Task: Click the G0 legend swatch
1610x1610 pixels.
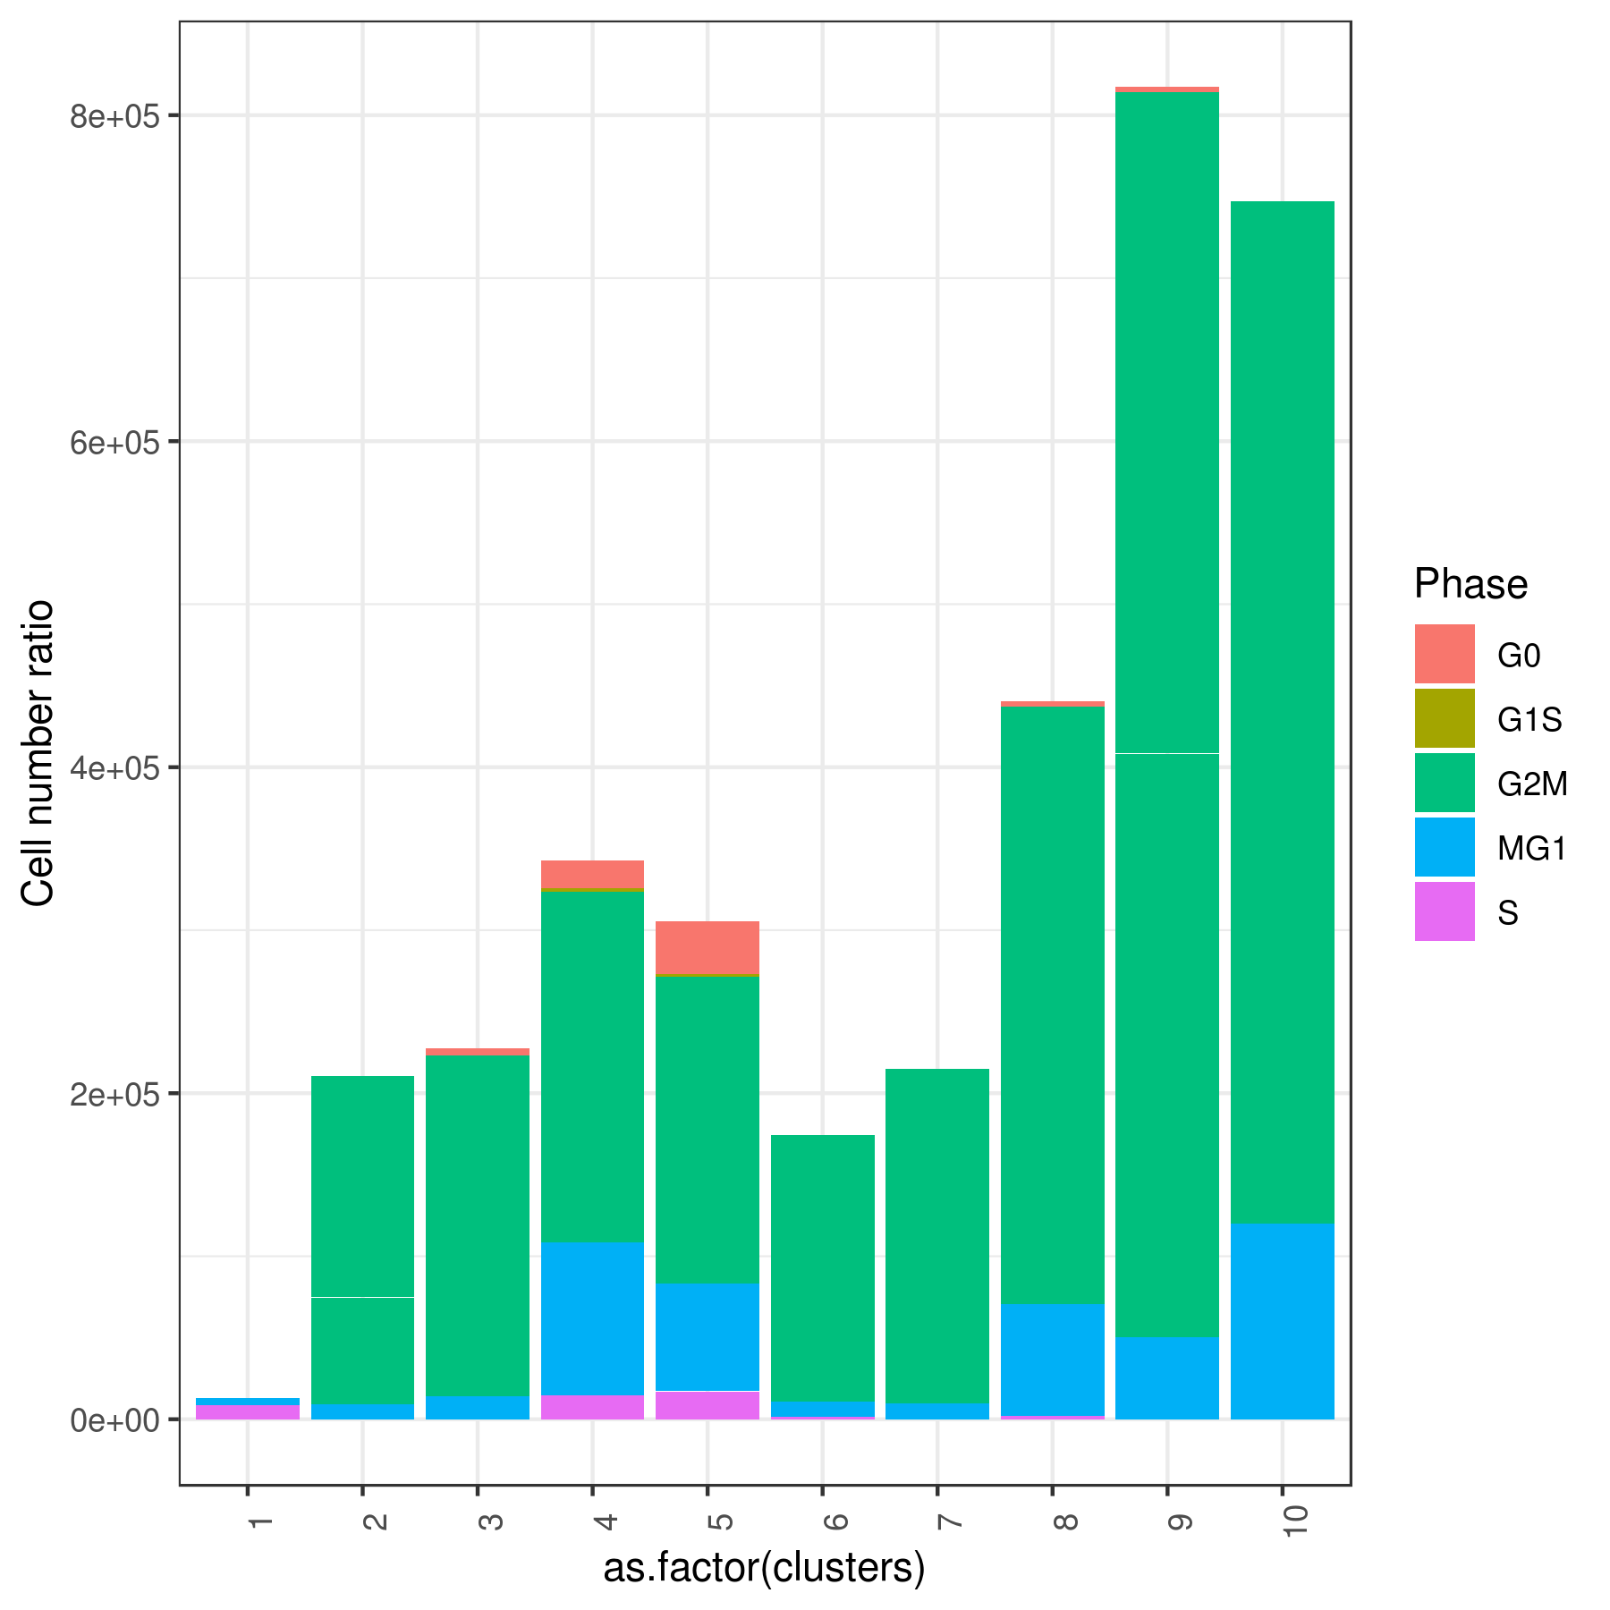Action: [1444, 654]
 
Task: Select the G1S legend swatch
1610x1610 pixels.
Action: [1444, 718]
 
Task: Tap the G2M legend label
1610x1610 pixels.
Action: [1532, 784]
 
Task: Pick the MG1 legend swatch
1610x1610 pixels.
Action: [1444, 847]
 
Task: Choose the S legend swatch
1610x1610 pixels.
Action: [1444, 911]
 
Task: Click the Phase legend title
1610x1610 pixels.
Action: [1470, 584]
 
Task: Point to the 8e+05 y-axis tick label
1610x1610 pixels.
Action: [114, 116]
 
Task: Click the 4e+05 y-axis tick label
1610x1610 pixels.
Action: [114, 768]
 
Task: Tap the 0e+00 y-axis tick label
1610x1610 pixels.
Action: [114, 1420]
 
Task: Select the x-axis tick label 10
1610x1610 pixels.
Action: [1293, 1521]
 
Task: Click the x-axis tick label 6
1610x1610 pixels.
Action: [834, 1521]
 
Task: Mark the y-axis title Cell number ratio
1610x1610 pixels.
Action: [38, 753]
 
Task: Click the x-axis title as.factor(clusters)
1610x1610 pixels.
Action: [764, 1568]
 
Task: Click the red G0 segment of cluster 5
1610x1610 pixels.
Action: [708, 947]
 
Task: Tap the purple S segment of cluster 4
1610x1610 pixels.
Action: [592, 1407]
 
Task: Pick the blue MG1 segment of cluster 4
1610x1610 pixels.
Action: [592, 1318]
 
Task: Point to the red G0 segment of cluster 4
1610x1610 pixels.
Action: [592, 874]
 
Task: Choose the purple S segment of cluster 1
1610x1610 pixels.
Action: [248, 1412]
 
